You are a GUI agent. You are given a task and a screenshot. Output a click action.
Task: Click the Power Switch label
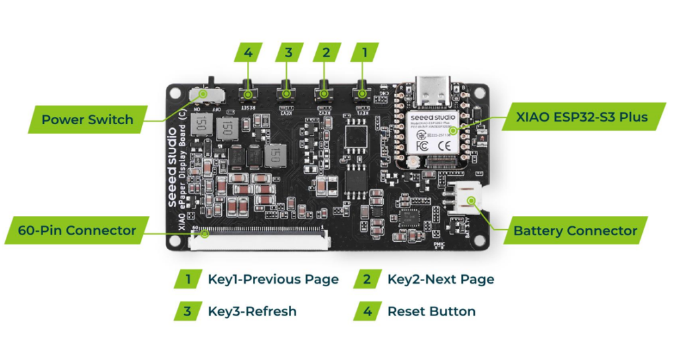87,120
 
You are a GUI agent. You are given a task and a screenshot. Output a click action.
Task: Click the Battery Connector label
575,231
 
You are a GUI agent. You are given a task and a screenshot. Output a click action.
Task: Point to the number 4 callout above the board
248,52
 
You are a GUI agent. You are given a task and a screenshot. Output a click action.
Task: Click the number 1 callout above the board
363,52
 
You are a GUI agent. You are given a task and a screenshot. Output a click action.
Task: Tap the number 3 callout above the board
288,52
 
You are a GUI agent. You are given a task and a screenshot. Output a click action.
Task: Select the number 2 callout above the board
325,52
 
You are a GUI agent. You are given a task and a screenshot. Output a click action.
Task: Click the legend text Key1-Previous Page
273,279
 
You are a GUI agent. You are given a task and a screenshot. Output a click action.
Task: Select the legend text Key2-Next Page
440,279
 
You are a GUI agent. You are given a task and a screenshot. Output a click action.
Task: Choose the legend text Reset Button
431,311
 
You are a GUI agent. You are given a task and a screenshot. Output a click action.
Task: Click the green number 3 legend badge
187,311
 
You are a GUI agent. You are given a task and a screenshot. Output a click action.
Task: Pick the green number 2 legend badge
367,279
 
